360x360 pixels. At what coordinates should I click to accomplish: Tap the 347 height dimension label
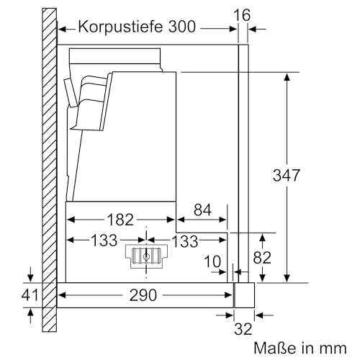tap(307, 175)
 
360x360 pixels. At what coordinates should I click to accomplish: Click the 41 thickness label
tap(29, 294)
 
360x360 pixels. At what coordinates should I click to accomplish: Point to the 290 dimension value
tap(144, 295)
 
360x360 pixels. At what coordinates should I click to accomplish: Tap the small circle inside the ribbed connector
tap(146, 256)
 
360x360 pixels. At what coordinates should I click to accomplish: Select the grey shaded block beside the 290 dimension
tap(244, 294)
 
